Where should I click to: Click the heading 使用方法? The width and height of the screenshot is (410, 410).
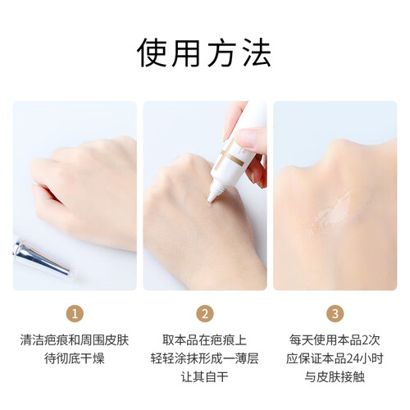[204, 52]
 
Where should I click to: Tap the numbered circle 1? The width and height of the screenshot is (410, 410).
[75, 313]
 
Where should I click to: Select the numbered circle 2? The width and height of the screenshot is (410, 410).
[205, 313]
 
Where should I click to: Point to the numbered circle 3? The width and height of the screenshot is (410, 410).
[335, 313]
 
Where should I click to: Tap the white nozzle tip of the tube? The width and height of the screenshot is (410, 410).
[212, 198]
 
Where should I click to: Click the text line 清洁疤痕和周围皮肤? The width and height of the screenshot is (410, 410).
[75, 340]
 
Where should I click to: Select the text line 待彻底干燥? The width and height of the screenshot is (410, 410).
[75, 358]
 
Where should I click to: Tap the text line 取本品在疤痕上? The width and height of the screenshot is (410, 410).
[205, 340]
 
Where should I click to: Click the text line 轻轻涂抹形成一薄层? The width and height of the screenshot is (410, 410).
[205, 358]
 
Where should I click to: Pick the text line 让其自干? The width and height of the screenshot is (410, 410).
[205, 377]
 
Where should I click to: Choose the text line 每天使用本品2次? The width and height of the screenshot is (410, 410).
[335, 340]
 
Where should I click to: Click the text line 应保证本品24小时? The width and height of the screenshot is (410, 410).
[335, 358]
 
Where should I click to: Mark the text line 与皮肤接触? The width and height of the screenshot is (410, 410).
[335, 377]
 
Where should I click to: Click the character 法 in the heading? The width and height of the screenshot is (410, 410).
[256, 52]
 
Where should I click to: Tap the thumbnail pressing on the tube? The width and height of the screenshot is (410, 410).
[248, 137]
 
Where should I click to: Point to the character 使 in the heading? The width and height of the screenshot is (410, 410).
[152, 52]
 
